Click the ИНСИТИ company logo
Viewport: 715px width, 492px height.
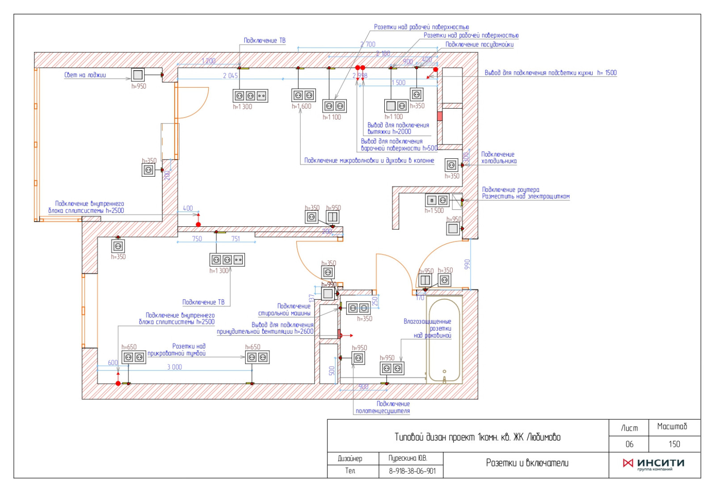654,464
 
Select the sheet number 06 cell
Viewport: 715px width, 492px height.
629,444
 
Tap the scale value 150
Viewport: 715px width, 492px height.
674,444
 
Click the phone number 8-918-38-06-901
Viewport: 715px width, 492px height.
412,471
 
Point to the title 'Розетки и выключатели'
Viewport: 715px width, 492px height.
527,463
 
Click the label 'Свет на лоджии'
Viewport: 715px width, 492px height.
85,75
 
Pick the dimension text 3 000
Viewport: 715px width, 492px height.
174,367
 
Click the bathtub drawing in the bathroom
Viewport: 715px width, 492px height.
443,340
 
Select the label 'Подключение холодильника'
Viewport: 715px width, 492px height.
498,157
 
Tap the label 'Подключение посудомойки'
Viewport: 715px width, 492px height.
479,45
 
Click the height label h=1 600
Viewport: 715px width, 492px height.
301,106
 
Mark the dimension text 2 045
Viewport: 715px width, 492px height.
230,76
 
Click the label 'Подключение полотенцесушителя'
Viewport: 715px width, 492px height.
383,407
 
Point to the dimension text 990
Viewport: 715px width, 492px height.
467,264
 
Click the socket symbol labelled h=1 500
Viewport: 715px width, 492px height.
437,200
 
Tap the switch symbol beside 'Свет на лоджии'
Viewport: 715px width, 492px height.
138,75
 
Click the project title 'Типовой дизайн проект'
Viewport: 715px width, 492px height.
477,437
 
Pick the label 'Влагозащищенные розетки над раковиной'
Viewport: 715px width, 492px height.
428,328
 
